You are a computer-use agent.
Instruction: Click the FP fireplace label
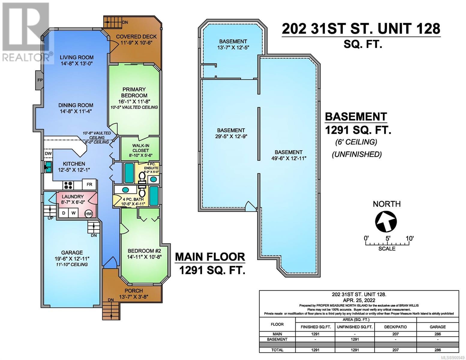pos(40,80)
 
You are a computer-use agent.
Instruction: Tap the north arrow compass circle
pos(386,221)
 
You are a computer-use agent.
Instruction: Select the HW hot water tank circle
pos(89,214)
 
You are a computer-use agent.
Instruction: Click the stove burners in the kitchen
pos(68,185)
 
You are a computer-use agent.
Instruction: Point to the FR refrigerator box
pos(89,184)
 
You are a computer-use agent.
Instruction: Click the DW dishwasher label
pos(48,153)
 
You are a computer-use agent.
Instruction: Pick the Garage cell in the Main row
pos(437,334)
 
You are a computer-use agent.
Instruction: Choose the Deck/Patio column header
pos(395,327)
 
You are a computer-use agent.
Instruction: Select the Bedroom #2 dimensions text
pos(144,257)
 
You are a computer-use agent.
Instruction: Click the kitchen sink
pos(48,167)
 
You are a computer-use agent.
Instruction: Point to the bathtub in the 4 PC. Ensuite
pos(129,173)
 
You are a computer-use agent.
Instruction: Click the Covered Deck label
pos(137,37)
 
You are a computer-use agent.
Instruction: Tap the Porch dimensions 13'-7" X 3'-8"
pos(134,297)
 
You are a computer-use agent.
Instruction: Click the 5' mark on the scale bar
pos(388,238)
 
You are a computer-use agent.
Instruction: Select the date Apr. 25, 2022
pos(359,300)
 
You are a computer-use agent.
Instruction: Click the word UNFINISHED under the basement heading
pos(357,154)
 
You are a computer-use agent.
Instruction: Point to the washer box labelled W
pos(73,213)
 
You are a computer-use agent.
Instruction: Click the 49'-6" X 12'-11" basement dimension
pos(289,158)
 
